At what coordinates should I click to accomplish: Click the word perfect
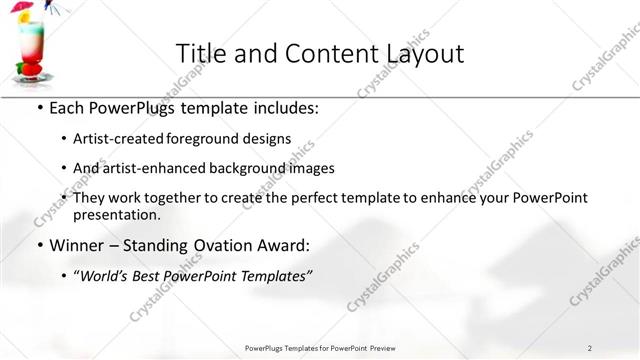[x=343, y=198]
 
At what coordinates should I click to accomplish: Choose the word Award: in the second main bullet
[x=278, y=245]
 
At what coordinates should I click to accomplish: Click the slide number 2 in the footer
[x=590, y=347]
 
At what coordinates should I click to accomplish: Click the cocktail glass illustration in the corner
[x=31, y=46]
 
